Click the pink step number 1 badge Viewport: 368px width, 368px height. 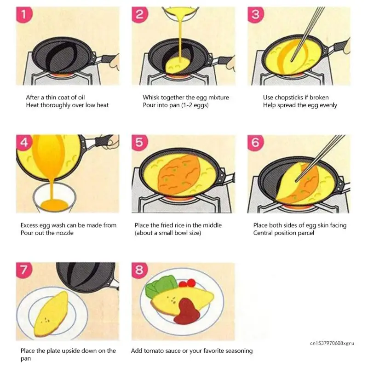[x=24, y=15]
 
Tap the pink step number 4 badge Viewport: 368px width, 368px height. [x=24, y=143]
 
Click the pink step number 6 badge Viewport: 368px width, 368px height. [x=255, y=143]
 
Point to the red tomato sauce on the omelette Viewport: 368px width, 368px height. [x=187, y=311]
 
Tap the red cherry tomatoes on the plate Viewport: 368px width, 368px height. [x=187, y=283]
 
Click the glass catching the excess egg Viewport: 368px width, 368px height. [x=54, y=197]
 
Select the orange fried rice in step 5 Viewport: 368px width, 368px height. [x=179, y=175]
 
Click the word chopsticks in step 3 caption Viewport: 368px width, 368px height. [x=291, y=98]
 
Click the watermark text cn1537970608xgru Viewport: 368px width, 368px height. [x=332, y=343]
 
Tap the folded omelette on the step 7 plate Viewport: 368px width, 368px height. [x=51, y=314]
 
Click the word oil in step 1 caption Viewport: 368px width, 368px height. [x=81, y=97]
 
